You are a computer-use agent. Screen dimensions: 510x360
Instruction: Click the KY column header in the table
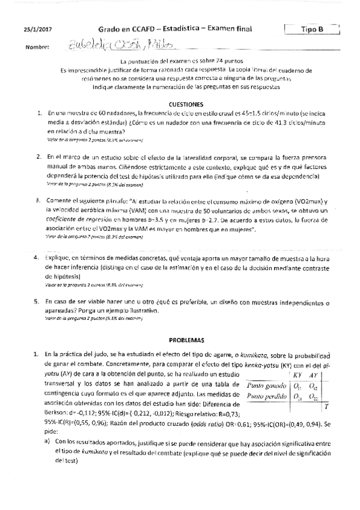tap(297, 374)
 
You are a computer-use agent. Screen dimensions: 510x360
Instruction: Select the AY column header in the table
tap(314, 374)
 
